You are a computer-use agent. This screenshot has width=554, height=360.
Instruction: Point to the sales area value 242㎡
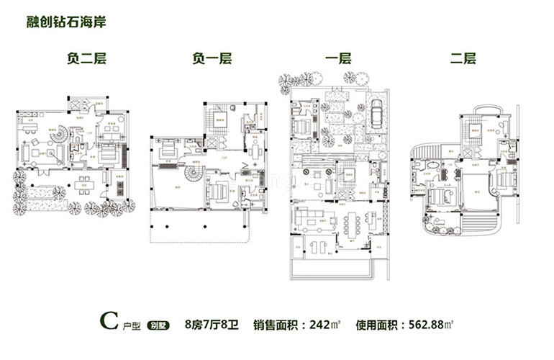pos(321,324)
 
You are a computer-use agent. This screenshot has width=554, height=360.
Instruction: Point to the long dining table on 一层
pos(355,223)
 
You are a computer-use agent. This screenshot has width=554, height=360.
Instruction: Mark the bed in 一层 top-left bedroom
pos(303,127)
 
